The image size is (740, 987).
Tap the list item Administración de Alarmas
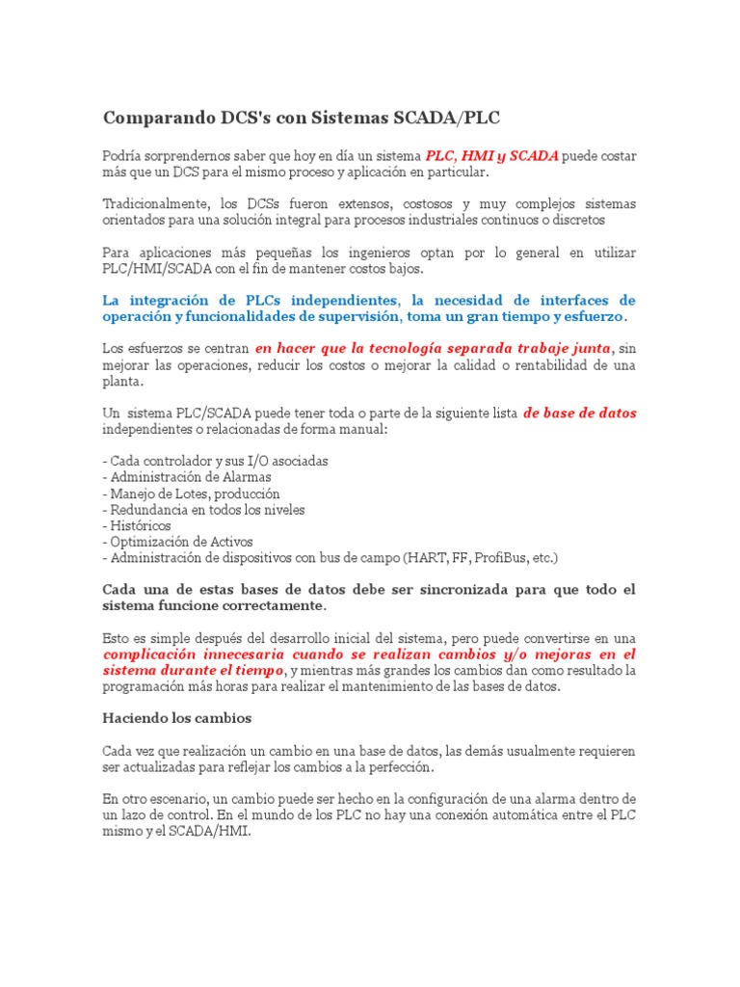(190, 477)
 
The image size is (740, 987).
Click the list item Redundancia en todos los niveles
(206, 510)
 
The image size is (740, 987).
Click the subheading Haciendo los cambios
(177, 718)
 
